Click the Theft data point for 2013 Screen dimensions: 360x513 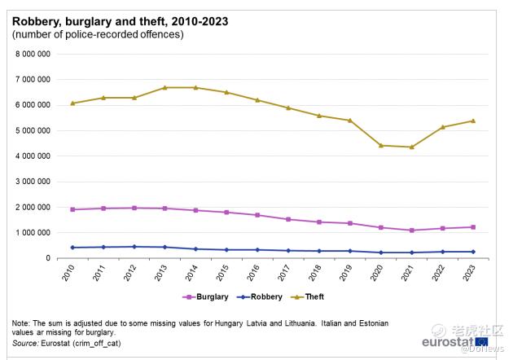pos(165,87)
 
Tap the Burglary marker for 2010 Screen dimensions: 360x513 pos(72,209)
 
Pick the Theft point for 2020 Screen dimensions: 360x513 pos(382,145)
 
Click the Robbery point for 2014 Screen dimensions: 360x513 pos(196,249)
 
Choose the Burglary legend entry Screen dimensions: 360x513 pos(207,296)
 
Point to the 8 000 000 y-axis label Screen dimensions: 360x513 pos(34,54)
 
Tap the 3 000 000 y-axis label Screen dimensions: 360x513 pos(34,182)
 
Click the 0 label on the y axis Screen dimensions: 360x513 pos(50,258)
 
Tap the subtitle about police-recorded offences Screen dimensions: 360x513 pos(98,34)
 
